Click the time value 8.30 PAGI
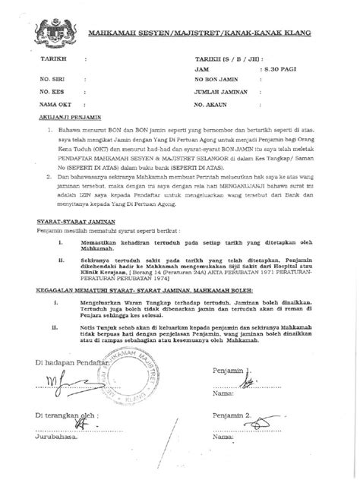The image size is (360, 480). pos(279,68)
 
